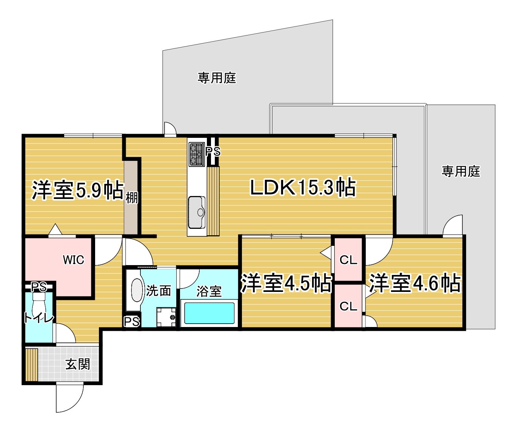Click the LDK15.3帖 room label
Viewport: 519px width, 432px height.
(x=303, y=187)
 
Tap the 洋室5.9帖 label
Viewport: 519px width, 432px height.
(x=78, y=190)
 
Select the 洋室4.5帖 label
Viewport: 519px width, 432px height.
(x=286, y=283)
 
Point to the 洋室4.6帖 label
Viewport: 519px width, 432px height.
(x=414, y=283)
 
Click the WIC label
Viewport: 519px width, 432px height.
(x=73, y=260)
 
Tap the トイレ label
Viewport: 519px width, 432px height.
(x=39, y=318)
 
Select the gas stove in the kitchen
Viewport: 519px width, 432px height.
(x=197, y=154)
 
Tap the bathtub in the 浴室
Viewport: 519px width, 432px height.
(x=209, y=313)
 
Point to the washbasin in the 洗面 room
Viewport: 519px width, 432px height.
(x=136, y=290)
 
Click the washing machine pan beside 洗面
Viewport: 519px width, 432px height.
(x=166, y=317)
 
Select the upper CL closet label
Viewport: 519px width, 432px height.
(x=348, y=260)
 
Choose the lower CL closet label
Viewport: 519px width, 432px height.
(x=348, y=306)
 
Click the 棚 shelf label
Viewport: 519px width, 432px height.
(x=131, y=198)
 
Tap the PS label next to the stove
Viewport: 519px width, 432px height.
(x=213, y=151)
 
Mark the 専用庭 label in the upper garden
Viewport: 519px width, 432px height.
(x=217, y=78)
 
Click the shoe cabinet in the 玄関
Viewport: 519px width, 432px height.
(x=32, y=365)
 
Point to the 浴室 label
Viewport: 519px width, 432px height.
(x=209, y=291)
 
